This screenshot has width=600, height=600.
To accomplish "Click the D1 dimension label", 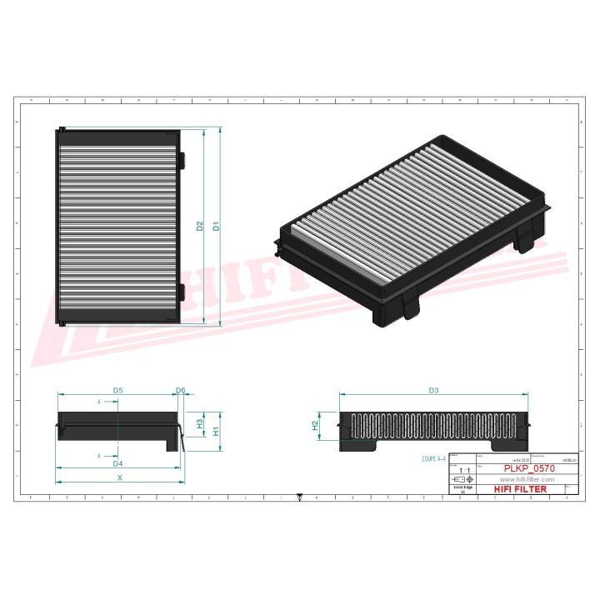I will [x=215, y=226].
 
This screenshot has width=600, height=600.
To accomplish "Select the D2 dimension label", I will [x=200, y=226].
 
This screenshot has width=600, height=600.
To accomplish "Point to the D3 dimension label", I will [x=433, y=390].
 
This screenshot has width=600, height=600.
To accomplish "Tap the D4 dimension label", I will [x=117, y=463].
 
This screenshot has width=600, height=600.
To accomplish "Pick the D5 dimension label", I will [x=117, y=390].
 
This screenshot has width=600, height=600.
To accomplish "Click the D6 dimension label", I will [x=180, y=390].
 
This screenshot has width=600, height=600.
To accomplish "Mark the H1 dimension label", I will [x=215, y=431].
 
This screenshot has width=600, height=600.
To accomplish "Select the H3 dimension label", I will [x=199, y=423].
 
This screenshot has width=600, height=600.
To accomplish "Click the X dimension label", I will [x=119, y=478].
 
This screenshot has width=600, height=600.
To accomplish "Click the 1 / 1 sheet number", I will [x=462, y=472].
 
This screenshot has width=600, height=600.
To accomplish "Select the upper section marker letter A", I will [x=99, y=402].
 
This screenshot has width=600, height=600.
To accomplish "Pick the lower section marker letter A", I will [x=99, y=456].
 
